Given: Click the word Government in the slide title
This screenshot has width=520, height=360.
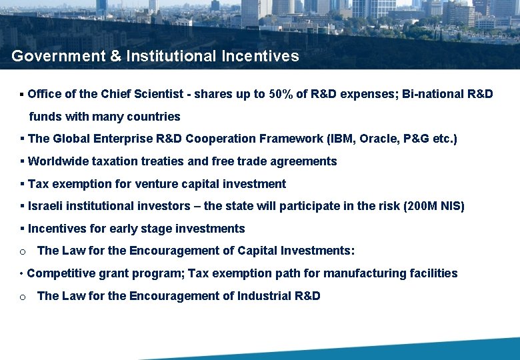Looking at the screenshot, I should [x=58, y=57].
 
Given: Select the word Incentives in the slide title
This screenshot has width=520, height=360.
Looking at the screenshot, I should [x=261, y=57].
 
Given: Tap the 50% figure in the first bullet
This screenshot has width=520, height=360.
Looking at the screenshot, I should [x=280, y=94].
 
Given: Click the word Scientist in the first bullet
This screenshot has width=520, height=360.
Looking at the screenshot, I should [x=160, y=94].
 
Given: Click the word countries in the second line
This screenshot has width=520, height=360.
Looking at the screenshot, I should [x=155, y=117].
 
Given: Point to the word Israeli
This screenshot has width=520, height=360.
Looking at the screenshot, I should [x=46, y=206].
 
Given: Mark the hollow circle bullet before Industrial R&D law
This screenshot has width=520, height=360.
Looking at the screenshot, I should [x=23, y=297].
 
